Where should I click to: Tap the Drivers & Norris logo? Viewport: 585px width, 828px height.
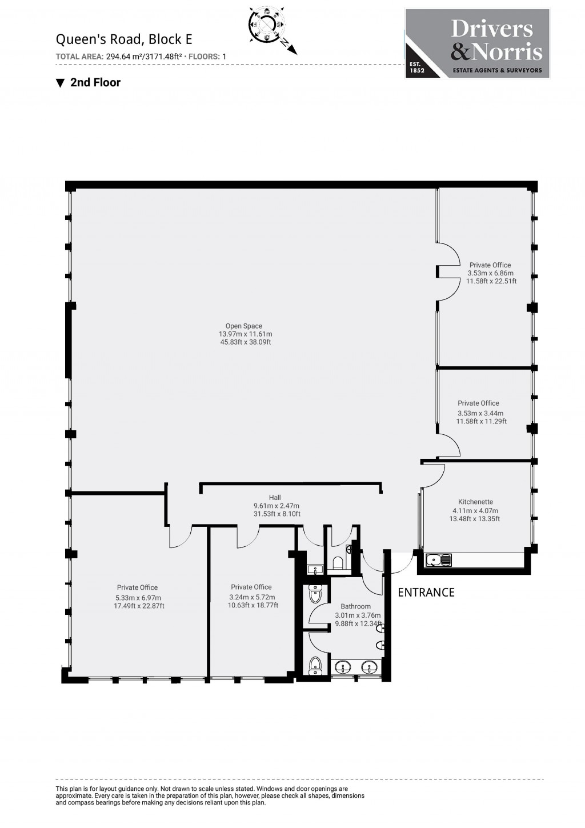tap(477, 43)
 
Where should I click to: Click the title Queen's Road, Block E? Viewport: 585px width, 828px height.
tap(123, 39)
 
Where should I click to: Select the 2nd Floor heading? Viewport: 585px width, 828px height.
tap(95, 82)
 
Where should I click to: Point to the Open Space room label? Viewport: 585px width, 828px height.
tap(244, 326)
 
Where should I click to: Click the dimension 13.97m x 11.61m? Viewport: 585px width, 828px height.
tap(245, 334)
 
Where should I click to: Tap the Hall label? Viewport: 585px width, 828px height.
tap(275, 498)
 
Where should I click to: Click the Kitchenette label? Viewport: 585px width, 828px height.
tap(475, 502)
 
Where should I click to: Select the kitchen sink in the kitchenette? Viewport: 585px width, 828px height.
tap(438, 560)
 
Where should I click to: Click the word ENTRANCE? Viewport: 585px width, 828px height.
tap(426, 593)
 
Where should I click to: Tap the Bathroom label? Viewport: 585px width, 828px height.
tap(355, 606)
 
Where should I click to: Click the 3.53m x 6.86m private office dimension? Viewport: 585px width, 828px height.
tap(490, 273)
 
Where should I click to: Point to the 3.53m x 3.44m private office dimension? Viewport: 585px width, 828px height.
tap(480, 413)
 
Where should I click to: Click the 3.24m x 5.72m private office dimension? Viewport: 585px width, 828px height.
tap(252, 597)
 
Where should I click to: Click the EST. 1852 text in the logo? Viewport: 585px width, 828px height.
tap(415, 69)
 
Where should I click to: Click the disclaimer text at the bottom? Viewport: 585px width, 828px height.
tap(210, 795)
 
